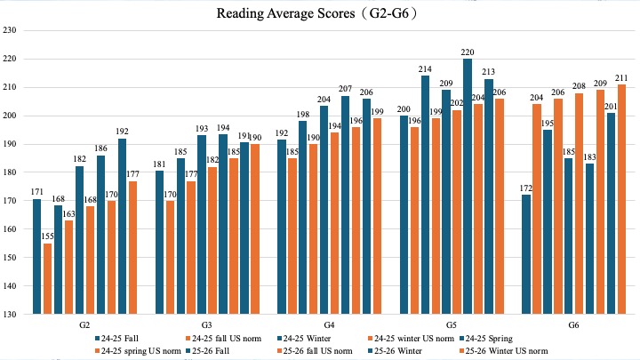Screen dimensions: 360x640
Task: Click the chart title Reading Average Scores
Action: (x=319, y=14)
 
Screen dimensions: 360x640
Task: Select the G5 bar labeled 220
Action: (x=468, y=187)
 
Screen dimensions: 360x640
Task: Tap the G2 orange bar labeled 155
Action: (x=48, y=278)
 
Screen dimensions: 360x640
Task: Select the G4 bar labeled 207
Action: (x=345, y=204)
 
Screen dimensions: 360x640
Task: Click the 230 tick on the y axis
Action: (x=11, y=30)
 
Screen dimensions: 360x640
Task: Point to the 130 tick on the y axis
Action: (x=11, y=315)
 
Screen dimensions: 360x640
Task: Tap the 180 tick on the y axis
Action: (x=11, y=172)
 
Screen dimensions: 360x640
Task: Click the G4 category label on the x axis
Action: (x=328, y=325)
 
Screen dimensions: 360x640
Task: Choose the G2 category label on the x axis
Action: (x=84, y=325)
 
